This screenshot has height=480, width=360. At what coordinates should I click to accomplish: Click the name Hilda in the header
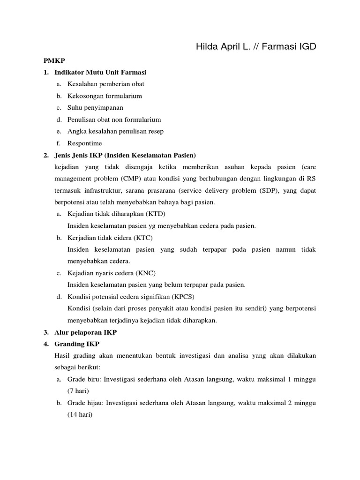(x=206, y=47)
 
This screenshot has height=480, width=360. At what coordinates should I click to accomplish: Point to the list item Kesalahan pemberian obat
(x=106, y=84)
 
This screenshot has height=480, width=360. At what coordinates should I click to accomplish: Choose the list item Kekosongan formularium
(x=105, y=96)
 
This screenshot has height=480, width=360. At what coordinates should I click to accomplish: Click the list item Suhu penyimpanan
(x=95, y=108)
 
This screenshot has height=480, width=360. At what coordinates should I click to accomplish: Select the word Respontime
(x=84, y=143)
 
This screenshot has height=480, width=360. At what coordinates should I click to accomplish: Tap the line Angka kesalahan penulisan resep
(x=115, y=131)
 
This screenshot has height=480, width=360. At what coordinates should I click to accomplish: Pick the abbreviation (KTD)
(x=155, y=214)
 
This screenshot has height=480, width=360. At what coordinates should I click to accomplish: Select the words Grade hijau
(x=85, y=403)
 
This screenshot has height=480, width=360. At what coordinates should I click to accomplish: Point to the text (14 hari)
(x=80, y=415)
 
